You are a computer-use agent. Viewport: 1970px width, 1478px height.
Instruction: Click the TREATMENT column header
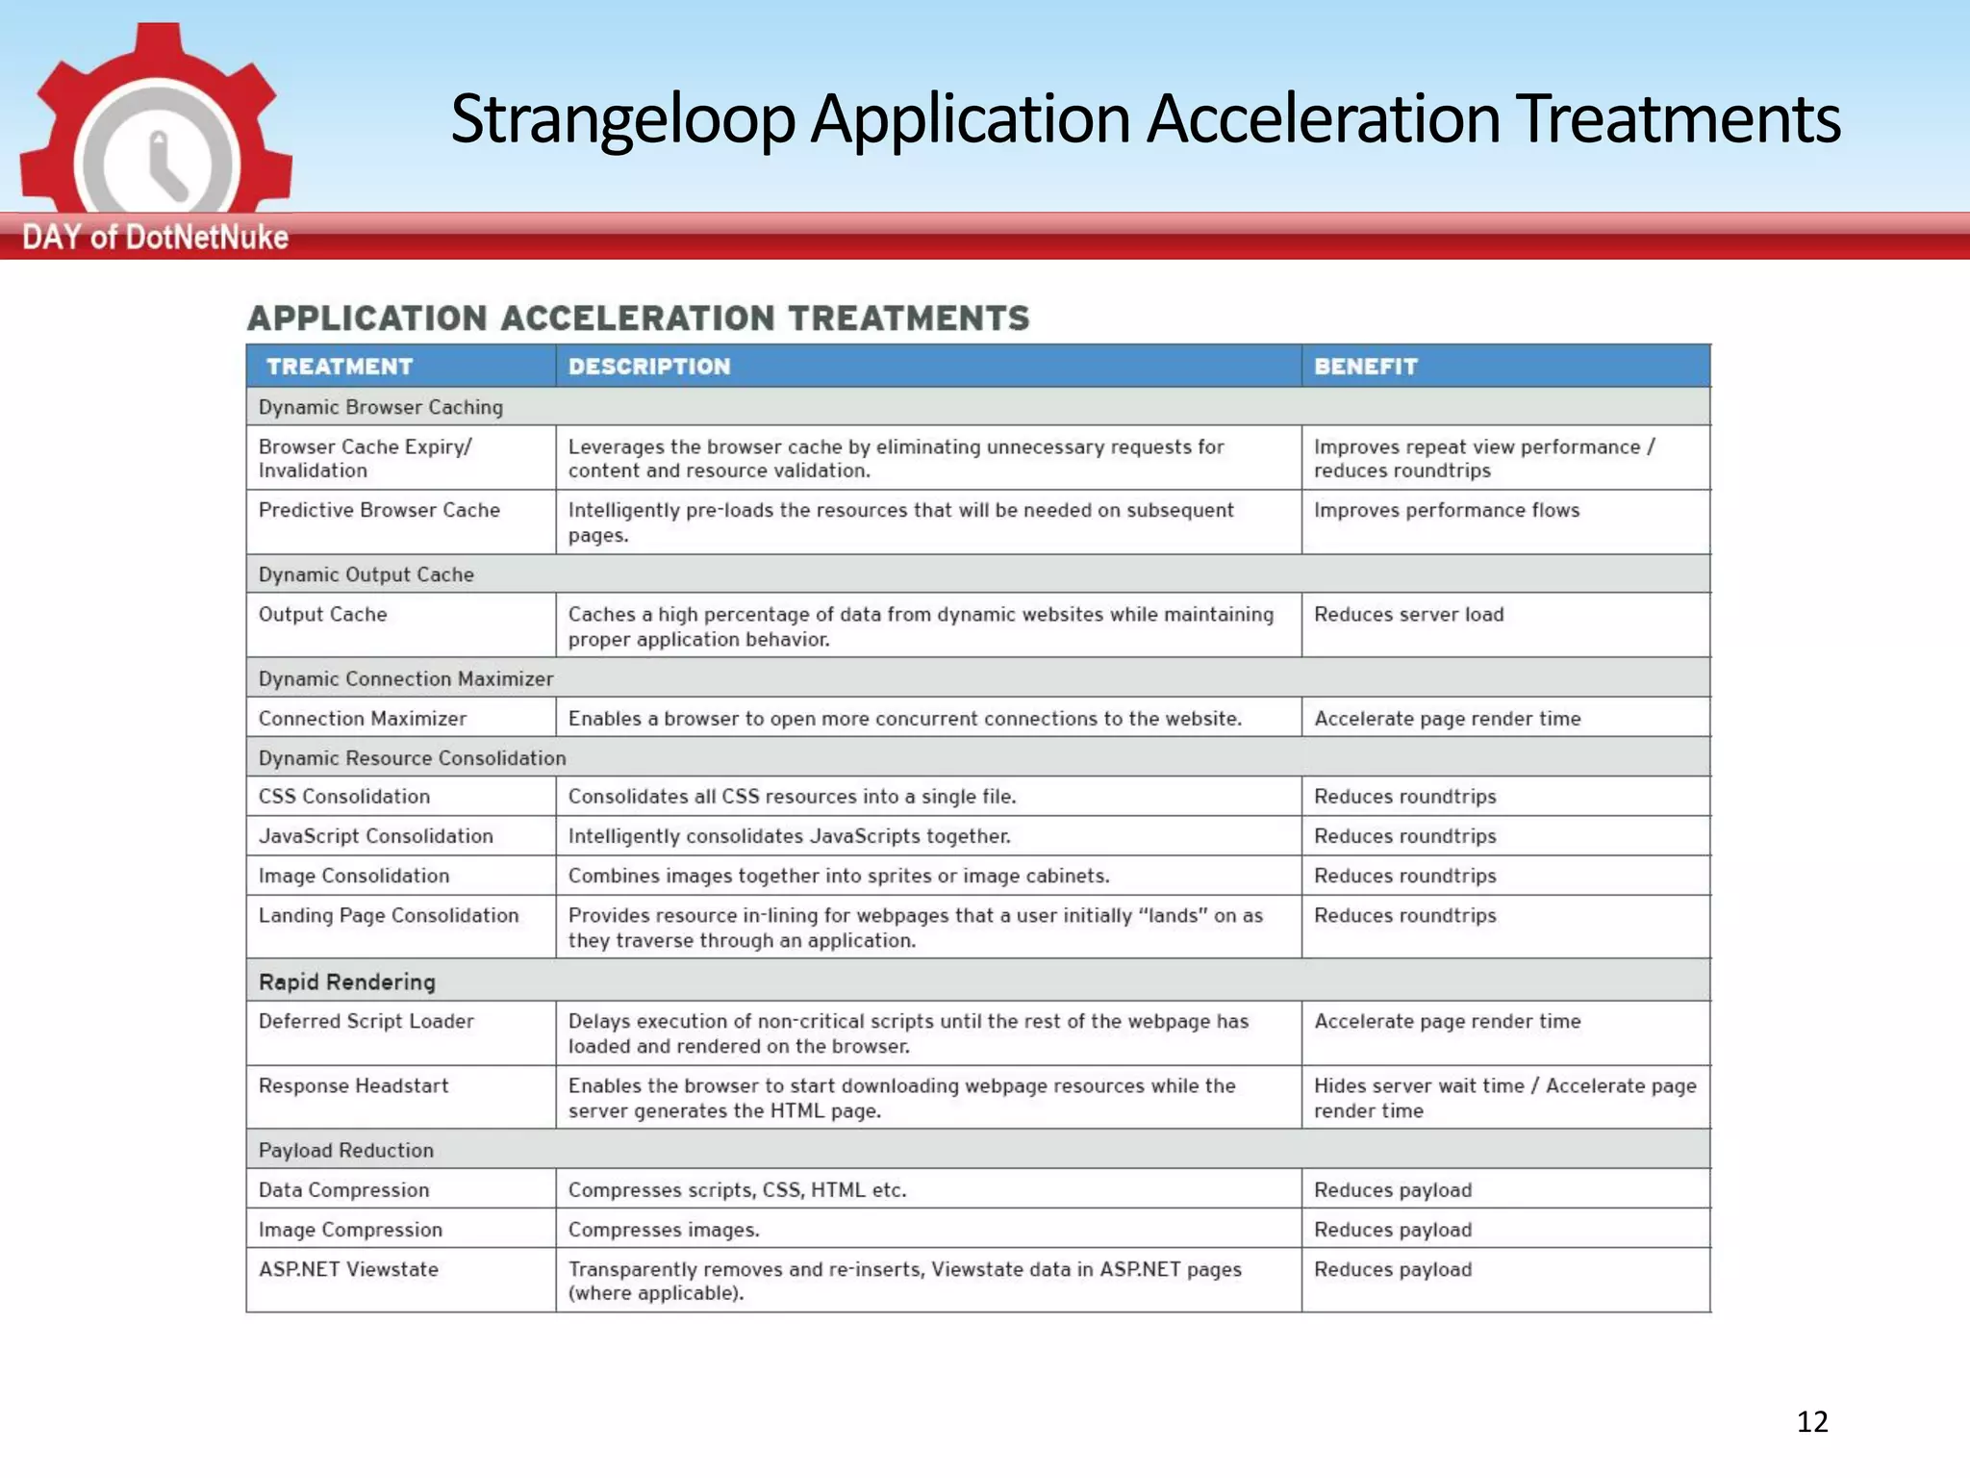[340, 367]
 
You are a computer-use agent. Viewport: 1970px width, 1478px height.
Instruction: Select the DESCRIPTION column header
[649, 367]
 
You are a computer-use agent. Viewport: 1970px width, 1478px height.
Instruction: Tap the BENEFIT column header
[1366, 367]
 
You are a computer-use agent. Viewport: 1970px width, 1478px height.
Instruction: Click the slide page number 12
[1812, 1421]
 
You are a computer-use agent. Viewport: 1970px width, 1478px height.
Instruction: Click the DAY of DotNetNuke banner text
[155, 237]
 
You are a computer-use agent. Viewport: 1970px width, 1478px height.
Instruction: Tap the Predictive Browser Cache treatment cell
[379, 510]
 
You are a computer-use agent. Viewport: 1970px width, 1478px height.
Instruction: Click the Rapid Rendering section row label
[347, 981]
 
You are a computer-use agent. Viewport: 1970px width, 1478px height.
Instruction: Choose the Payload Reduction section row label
[346, 1150]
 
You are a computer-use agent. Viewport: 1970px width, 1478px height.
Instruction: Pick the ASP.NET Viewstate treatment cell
[348, 1269]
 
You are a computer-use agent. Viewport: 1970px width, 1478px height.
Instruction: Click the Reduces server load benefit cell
[1408, 615]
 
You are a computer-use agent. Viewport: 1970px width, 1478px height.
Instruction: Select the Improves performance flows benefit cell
[1447, 510]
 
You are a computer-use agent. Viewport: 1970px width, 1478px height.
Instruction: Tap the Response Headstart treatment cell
[353, 1085]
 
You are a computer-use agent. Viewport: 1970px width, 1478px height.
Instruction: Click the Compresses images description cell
[664, 1230]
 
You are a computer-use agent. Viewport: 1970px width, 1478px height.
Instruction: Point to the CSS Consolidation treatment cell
[344, 797]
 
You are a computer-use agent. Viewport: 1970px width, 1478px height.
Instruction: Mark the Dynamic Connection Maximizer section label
[406, 679]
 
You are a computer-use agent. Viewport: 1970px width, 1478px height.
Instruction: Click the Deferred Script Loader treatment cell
[366, 1021]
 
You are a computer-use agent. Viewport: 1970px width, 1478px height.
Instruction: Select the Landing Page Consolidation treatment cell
[389, 915]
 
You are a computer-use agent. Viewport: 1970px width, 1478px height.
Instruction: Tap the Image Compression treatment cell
[350, 1230]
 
